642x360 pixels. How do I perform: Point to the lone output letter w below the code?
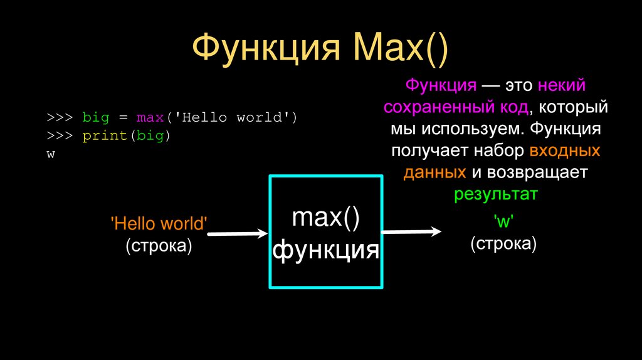coord(50,154)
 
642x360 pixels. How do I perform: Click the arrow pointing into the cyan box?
coord(237,234)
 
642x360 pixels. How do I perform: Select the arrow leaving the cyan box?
coord(411,231)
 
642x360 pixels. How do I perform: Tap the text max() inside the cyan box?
coord(325,218)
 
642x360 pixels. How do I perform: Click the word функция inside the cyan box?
coord(325,250)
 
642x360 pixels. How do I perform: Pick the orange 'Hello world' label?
coord(158,224)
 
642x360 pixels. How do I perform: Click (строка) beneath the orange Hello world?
coord(158,245)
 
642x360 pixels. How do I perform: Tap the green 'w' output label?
coord(503,221)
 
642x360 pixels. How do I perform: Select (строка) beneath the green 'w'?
coord(503,243)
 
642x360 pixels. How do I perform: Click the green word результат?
coord(496,194)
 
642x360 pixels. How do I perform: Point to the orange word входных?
coord(565,151)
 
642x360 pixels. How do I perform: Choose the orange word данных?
coord(434,172)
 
